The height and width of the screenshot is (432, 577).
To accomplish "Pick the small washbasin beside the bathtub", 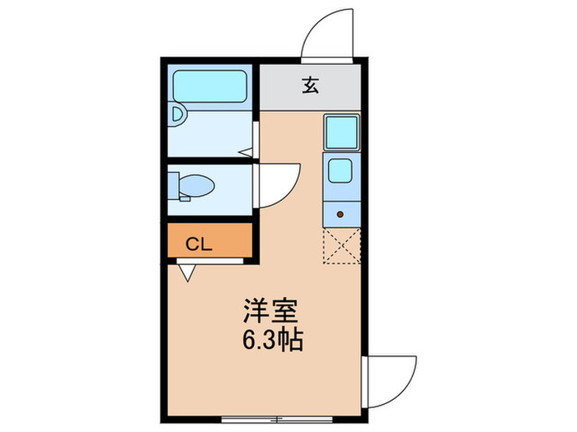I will click(x=176, y=114).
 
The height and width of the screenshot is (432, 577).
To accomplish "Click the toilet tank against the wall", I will click(x=173, y=183).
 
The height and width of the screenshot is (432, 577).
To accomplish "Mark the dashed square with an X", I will click(x=340, y=246).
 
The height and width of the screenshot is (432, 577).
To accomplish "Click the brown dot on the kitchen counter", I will click(x=340, y=215).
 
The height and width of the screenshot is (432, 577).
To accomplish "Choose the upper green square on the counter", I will click(x=340, y=132).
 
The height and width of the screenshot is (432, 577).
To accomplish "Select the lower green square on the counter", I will click(x=340, y=170).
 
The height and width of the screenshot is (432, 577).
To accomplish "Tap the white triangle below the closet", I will click(x=187, y=272).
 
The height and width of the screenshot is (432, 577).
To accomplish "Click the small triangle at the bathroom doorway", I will click(x=245, y=152).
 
